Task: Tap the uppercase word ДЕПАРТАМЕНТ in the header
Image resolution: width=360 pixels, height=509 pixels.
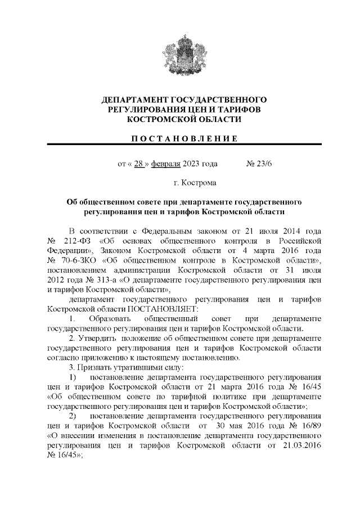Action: pyautogui.click(x=133, y=100)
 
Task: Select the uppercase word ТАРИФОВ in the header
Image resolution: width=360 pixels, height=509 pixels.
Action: pyautogui.click(x=233, y=110)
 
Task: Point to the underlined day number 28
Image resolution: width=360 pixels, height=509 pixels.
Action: pyautogui.click(x=137, y=164)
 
